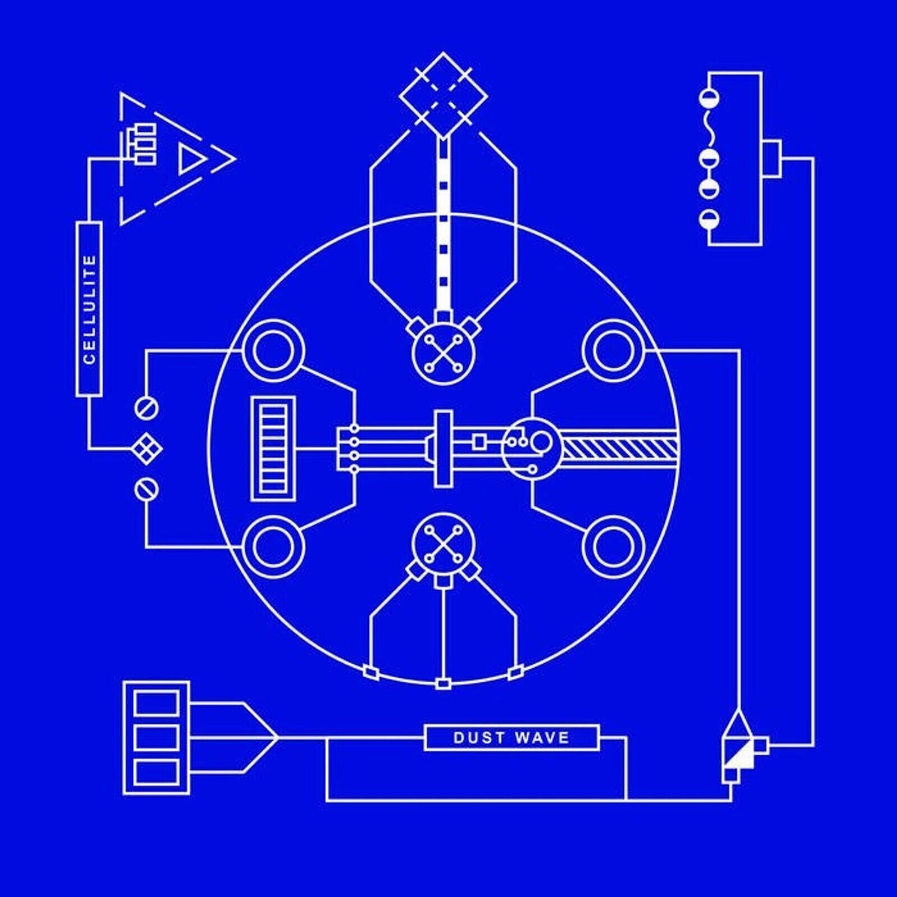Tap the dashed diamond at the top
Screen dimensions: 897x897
tap(443, 96)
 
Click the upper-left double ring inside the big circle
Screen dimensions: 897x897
tap(273, 350)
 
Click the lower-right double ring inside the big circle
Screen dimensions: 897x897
tap(613, 548)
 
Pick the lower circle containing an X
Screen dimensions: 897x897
tap(443, 544)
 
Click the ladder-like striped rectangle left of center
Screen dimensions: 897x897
tap(274, 449)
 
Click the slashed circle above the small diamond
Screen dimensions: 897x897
tap(146, 408)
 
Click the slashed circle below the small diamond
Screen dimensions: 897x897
tap(146, 490)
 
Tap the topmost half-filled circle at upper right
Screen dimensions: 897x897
tap(709, 99)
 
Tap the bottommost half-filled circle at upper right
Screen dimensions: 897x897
tap(709, 219)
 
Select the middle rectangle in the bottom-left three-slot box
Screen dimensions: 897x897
tap(157, 737)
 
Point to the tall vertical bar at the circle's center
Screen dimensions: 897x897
tap(443, 449)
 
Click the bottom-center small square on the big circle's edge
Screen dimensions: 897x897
tap(443, 683)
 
